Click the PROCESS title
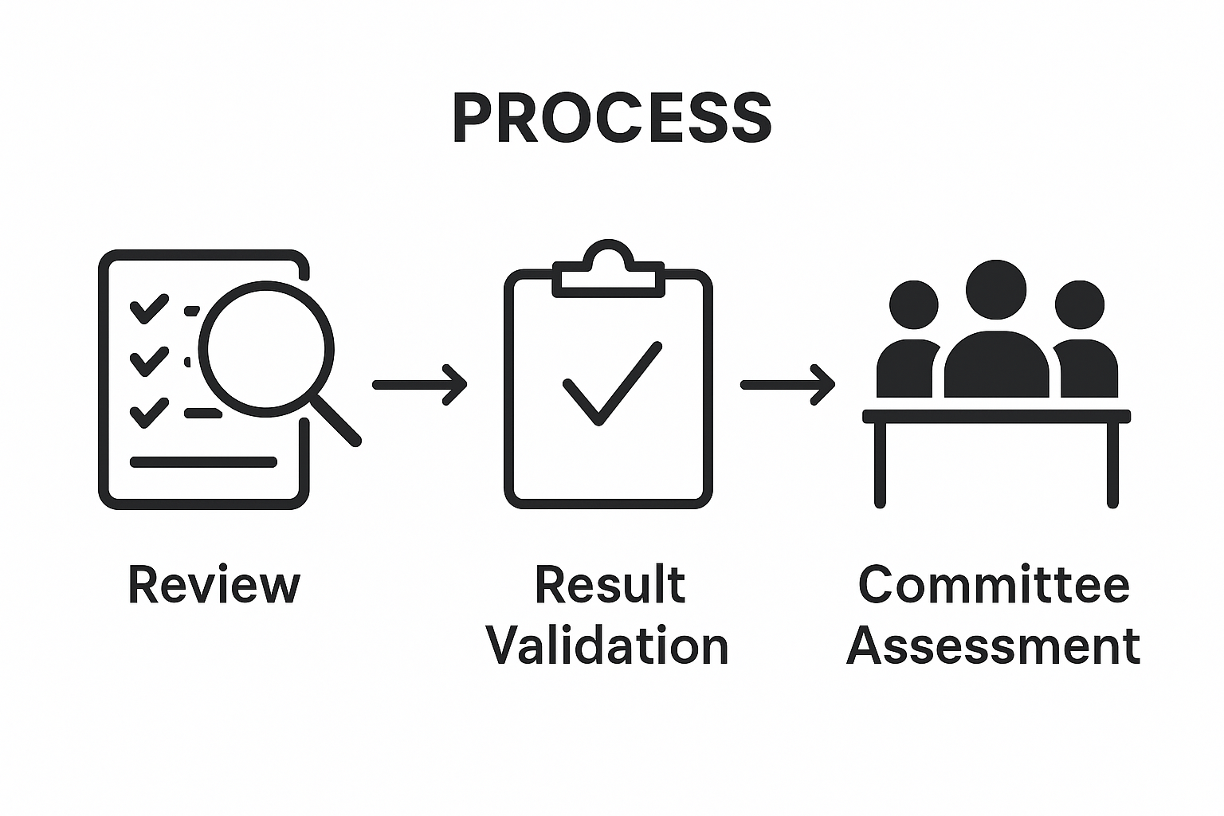point(611,119)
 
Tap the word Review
point(214,586)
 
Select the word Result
point(610,586)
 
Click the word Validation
point(608,645)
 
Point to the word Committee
point(994,586)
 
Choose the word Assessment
point(993,645)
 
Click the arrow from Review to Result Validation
point(420,385)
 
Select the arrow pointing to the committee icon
point(787,385)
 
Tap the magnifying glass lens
point(265,349)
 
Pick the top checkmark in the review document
point(149,308)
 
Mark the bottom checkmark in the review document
point(149,412)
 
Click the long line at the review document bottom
point(203,462)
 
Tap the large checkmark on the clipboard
point(611,384)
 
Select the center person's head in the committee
point(995,289)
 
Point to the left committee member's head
point(913,304)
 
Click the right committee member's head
point(1079,304)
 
